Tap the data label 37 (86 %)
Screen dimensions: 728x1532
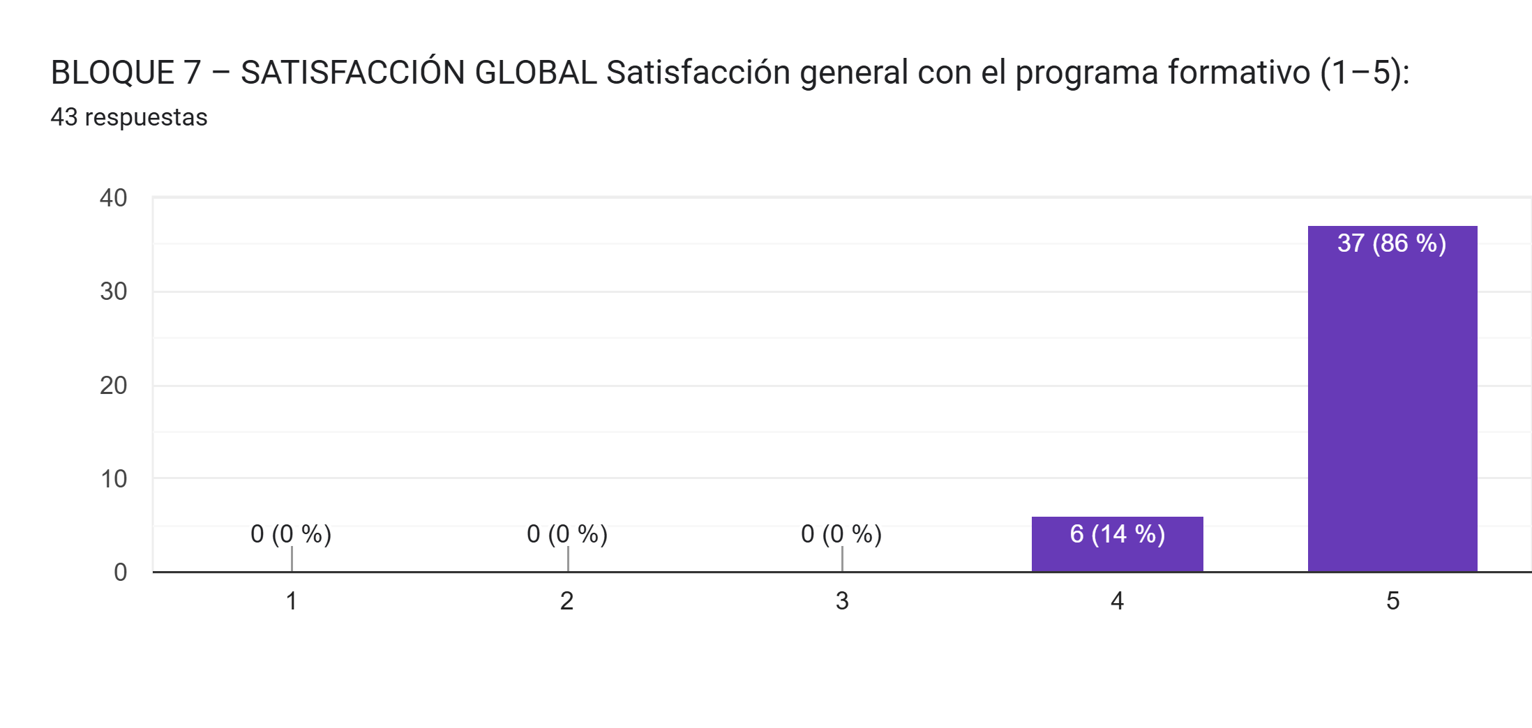pos(1392,243)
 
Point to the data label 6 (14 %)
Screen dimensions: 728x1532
pos(1117,534)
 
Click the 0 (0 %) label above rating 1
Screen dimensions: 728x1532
pos(291,534)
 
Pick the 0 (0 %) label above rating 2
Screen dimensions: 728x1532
pos(567,534)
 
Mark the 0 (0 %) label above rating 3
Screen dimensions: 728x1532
pos(841,534)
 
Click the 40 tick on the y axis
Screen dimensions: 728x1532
pos(114,198)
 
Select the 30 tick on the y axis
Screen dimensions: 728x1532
pos(114,291)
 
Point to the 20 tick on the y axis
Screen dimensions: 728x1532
pos(114,386)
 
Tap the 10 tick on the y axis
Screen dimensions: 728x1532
pos(114,479)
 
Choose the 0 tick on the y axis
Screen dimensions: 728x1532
pos(121,572)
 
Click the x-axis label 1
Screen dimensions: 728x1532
pos(292,601)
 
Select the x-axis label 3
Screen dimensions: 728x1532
pos(842,601)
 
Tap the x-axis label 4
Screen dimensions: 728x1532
pos(1117,601)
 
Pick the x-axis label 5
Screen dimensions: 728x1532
pos(1392,601)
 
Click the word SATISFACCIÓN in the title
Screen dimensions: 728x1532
pos(353,73)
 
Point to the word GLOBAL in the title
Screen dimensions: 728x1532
pos(535,73)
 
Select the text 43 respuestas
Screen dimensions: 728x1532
pos(129,117)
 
